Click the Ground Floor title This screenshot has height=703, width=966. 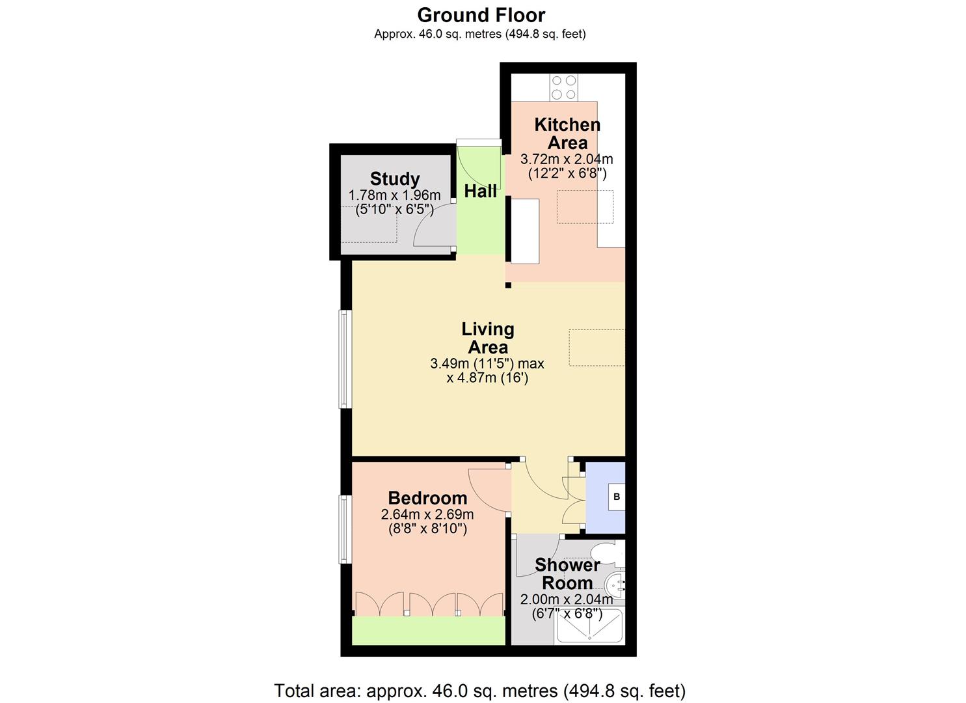[481, 15]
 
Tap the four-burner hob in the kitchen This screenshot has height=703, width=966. [563, 87]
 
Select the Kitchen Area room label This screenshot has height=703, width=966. [567, 133]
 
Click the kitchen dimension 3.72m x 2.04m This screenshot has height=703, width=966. [567, 159]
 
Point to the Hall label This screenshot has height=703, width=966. [481, 191]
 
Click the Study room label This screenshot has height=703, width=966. [395, 178]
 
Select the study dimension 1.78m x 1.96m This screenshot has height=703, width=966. [395, 195]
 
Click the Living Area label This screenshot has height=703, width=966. [488, 338]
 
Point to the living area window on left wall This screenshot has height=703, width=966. [345, 359]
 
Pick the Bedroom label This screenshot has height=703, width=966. [427, 498]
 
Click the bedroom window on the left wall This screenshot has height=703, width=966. [345, 529]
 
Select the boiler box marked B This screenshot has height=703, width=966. [616, 497]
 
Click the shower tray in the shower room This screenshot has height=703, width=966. [589, 627]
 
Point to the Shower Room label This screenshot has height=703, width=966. [567, 573]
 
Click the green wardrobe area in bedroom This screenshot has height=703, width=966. [428, 630]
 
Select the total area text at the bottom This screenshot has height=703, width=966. [480, 690]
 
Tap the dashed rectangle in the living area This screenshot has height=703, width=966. [597, 347]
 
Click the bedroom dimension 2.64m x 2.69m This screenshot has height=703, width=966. [427, 514]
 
